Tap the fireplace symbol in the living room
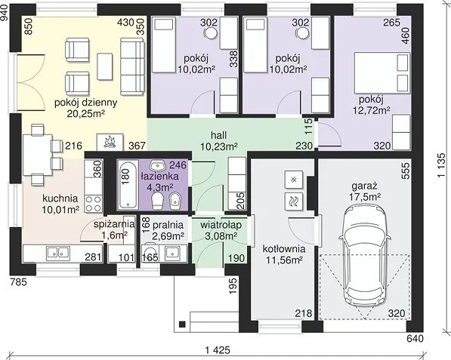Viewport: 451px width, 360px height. click(110, 142)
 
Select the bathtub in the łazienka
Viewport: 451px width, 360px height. click(128, 184)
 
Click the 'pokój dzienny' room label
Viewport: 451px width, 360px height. click(85, 103)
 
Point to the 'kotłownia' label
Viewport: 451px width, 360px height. click(284, 249)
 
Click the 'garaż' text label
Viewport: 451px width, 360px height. click(364, 186)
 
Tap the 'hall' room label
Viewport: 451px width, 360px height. click(218, 135)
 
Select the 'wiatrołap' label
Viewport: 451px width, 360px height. click(221, 225)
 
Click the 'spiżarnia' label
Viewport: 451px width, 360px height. click(114, 224)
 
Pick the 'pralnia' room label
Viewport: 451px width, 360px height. click(168, 224)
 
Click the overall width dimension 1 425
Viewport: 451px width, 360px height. click(218, 350)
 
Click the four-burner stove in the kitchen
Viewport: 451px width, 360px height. click(94, 204)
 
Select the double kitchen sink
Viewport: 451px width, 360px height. click(58, 252)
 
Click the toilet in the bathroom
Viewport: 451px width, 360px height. click(157, 201)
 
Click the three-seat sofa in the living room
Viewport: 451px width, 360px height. click(132, 66)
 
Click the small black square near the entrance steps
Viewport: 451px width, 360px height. click(182, 324)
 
